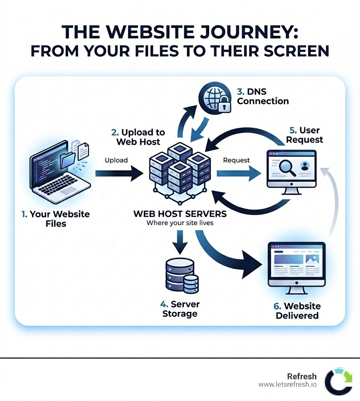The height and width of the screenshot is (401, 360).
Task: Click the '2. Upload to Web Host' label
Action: [x=138, y=137]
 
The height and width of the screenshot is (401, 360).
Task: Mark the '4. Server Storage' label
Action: [x=180, y=309]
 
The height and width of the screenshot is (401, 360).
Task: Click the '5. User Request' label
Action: [x=304, y=135]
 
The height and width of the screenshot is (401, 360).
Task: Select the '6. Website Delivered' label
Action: [x=297, y=311]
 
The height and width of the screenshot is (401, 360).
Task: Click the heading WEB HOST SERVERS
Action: [x=180, y=214]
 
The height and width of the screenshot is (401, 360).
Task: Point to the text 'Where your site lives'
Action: [x=180, y=223]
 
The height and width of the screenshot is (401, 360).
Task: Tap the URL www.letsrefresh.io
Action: [x=287, y=384]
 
